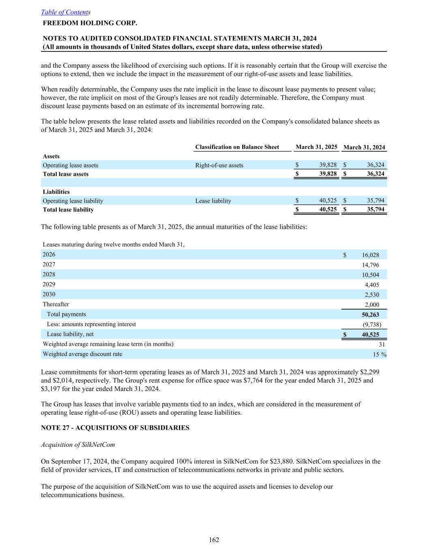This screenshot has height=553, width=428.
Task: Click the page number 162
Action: pyautogui.click(x=214, y=540)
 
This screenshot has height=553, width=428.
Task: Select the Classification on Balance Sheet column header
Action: pyautogui.click(x=237, y=147)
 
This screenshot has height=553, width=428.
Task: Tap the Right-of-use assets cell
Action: pyautogui.click(x=219, y=165)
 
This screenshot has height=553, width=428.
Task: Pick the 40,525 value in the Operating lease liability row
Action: pyautogui.click(x=328, y=201)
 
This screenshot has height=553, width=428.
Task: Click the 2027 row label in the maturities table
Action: pyautogui.click(x=49, y=265)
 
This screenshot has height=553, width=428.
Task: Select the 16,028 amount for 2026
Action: pyautogui.click(x=370, y=255)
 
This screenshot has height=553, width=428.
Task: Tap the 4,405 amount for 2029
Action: pyautogui.click(x=372, y=285)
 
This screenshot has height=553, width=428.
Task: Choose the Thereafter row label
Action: pyautogui.click(x=56, y=304)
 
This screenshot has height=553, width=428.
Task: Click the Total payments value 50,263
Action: pyautogui.click(x=370, y=315)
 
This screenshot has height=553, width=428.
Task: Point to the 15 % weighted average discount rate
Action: pyautogui.click(x=380, y=354)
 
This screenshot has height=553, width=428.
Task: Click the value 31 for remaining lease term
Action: pyautogui.click(x=382, y=344)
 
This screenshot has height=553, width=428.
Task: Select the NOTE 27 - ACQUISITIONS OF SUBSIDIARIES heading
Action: pyautogui.click(x=115, y=428)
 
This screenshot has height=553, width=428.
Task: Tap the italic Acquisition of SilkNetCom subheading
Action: pyautogui.click(x=78, y=445)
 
